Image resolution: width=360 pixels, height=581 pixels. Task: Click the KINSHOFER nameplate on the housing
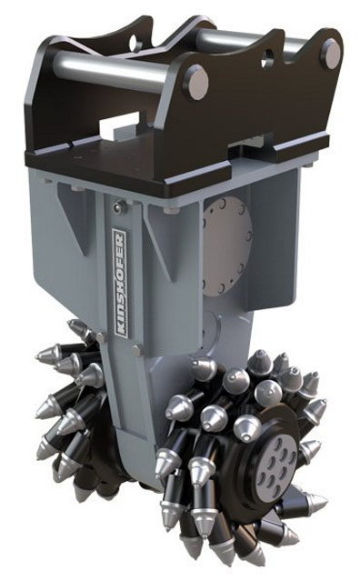(x=120, y=283)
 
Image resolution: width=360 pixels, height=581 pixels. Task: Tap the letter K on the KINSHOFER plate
(x=120, y=330)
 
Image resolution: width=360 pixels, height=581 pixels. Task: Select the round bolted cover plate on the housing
(x=227, y=246)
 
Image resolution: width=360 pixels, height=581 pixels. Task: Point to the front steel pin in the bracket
(x=111, y=68)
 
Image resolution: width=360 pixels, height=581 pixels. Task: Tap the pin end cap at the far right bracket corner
(x=332, y=54)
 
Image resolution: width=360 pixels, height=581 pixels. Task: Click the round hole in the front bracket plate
(x=267, y=58)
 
